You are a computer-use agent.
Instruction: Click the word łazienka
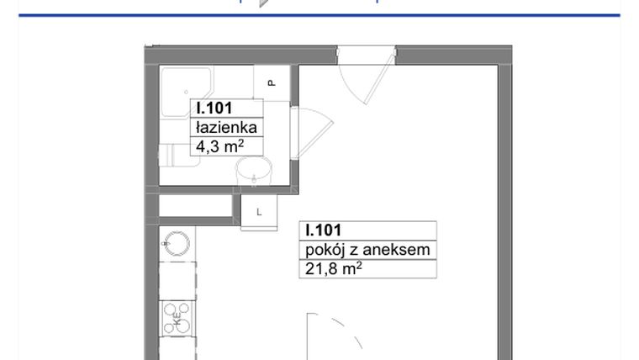coord(225,127)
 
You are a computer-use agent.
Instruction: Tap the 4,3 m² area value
coord(219,146)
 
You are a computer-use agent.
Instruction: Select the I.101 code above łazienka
coord(214,108)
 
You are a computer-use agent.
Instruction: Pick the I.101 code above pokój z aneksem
coord(324,230)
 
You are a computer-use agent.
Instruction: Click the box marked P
coord(272,82)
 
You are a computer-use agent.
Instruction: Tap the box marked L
coord(259,212)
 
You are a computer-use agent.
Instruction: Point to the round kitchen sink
coord(177,245)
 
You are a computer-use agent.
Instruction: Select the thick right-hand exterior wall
coord(504,210)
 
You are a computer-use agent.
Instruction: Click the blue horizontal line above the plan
coord(319,15)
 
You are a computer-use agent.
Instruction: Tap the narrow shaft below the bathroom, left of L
coord(195,206)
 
